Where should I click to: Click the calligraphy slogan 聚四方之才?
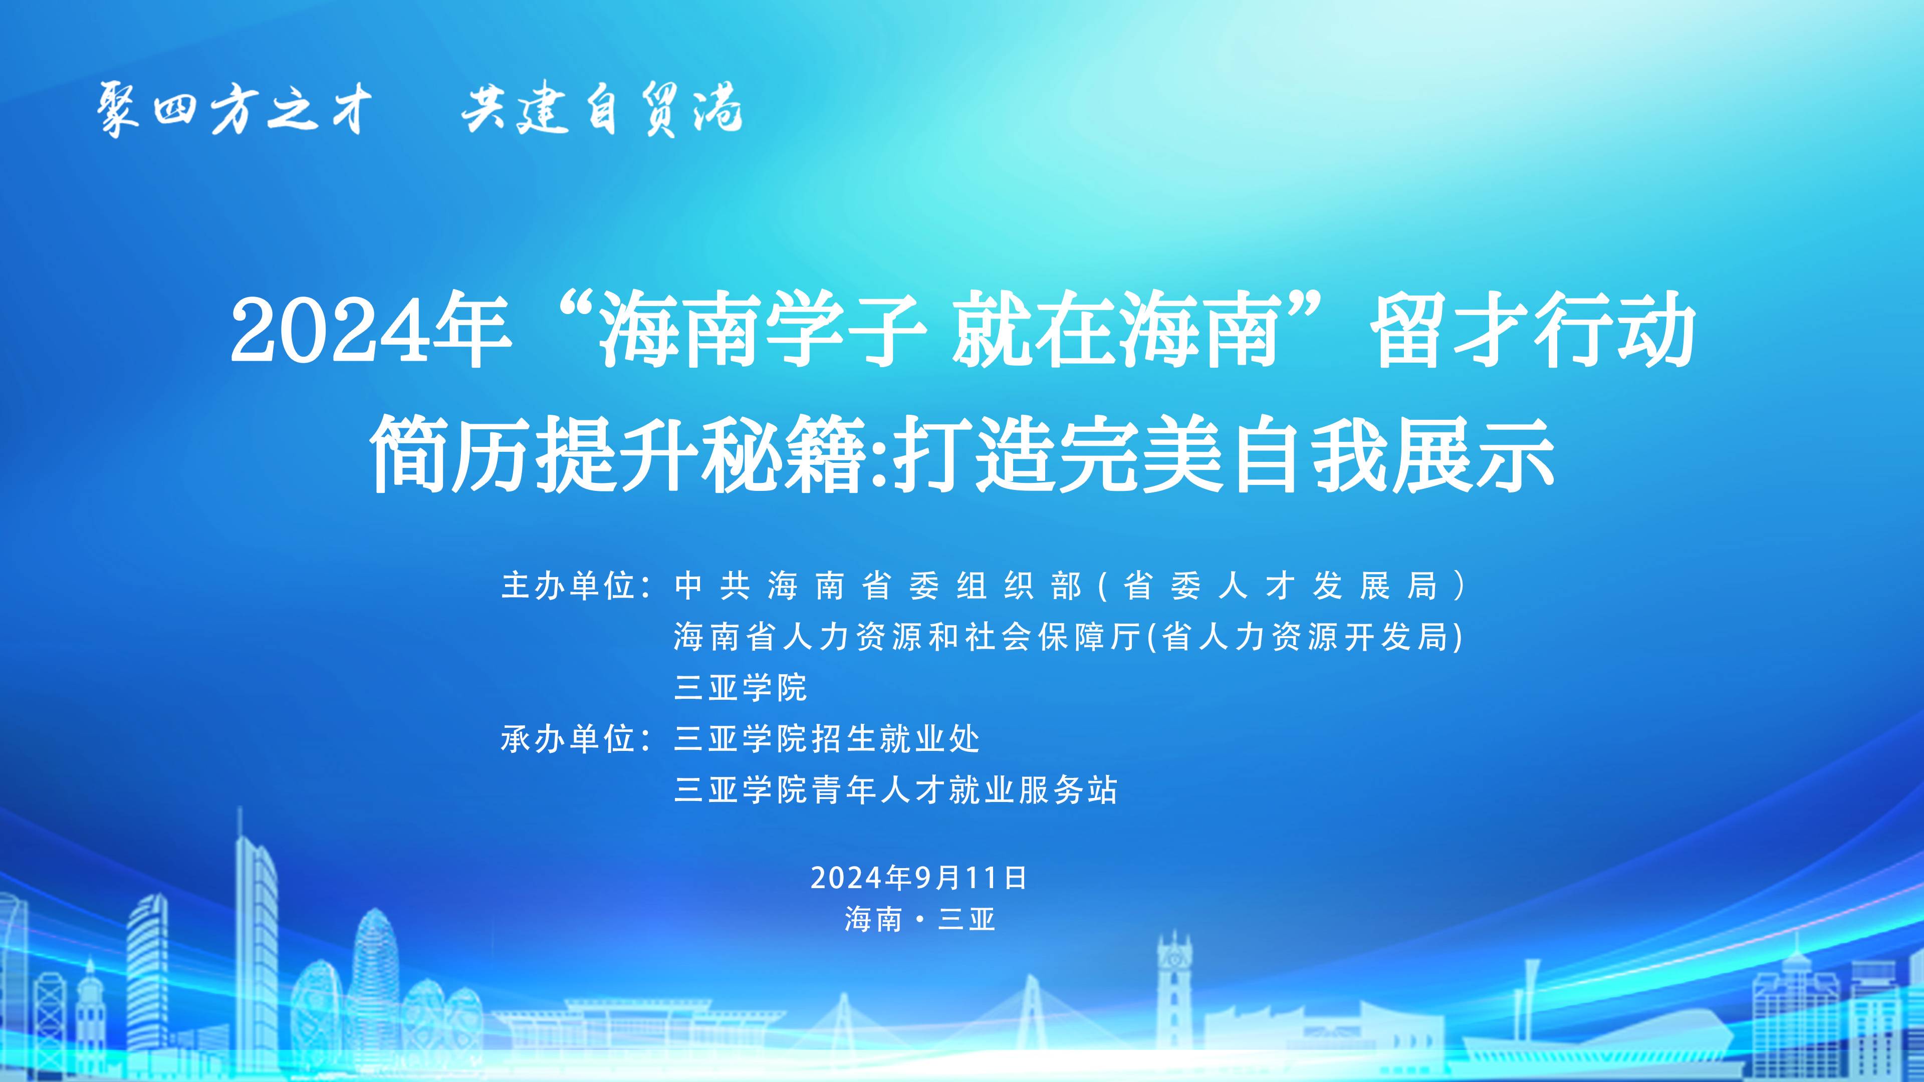point(234,109)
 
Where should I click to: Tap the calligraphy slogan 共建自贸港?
point(602,109)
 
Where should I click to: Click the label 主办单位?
point(568,586)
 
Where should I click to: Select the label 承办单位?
point(568,739)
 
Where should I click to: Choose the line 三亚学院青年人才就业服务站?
point(895,790)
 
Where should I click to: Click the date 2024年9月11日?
point(919,878)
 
